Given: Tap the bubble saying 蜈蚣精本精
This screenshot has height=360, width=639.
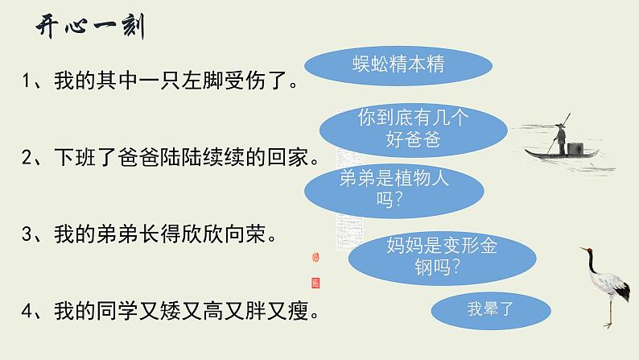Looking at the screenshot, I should tap(398, 64).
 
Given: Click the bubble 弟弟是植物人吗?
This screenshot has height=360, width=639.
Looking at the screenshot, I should tap(394, 191).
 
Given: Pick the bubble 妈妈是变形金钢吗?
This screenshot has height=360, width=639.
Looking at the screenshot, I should tap(447, 256).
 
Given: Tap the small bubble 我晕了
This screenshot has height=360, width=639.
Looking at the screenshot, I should tap(483, 307).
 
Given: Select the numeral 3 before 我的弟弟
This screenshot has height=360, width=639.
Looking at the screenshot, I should tap(27, 235).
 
